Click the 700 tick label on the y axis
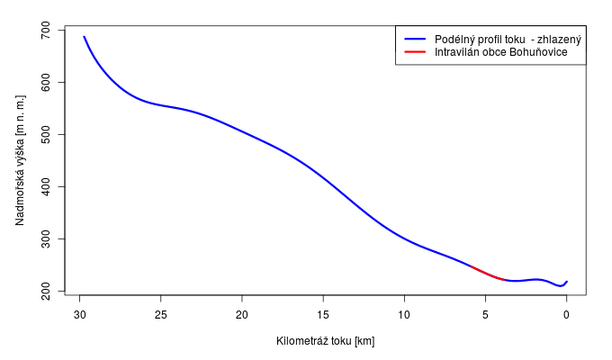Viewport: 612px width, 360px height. coord(46,31)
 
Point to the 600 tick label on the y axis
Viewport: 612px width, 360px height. coord(46,83)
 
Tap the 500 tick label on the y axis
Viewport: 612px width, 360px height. coord(46,135)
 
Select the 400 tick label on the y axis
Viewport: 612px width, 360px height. coord(46,187)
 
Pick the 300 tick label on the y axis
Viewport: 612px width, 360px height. coord(46,239)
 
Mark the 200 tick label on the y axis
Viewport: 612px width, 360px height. coord(46,292)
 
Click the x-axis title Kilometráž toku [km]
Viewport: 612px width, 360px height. coord(325,341)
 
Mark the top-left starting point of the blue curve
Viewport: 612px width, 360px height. coord(84,37)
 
